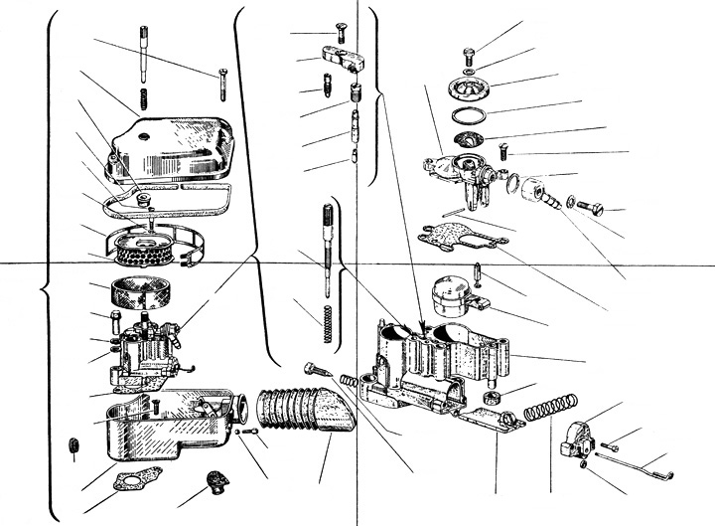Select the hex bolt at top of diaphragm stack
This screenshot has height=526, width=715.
pos(472,55)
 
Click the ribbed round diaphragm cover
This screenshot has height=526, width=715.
pos(472,88)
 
